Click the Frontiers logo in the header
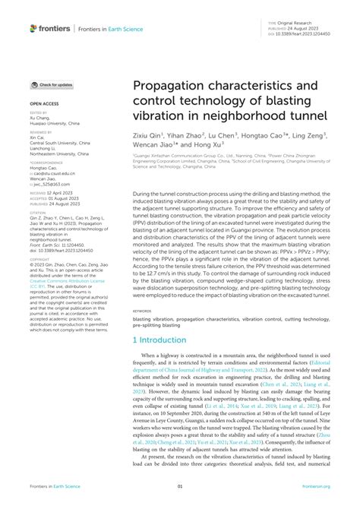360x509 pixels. pos(50,28)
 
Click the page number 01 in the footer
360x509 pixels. pos(180,487)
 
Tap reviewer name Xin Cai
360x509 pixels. pos(38,136)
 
